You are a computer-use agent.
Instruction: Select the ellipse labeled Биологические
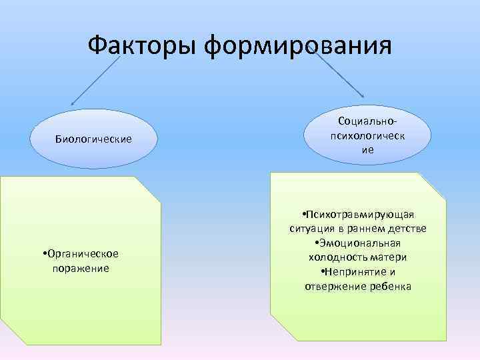point(93,139)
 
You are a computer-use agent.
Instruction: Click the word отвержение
point(333,287)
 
